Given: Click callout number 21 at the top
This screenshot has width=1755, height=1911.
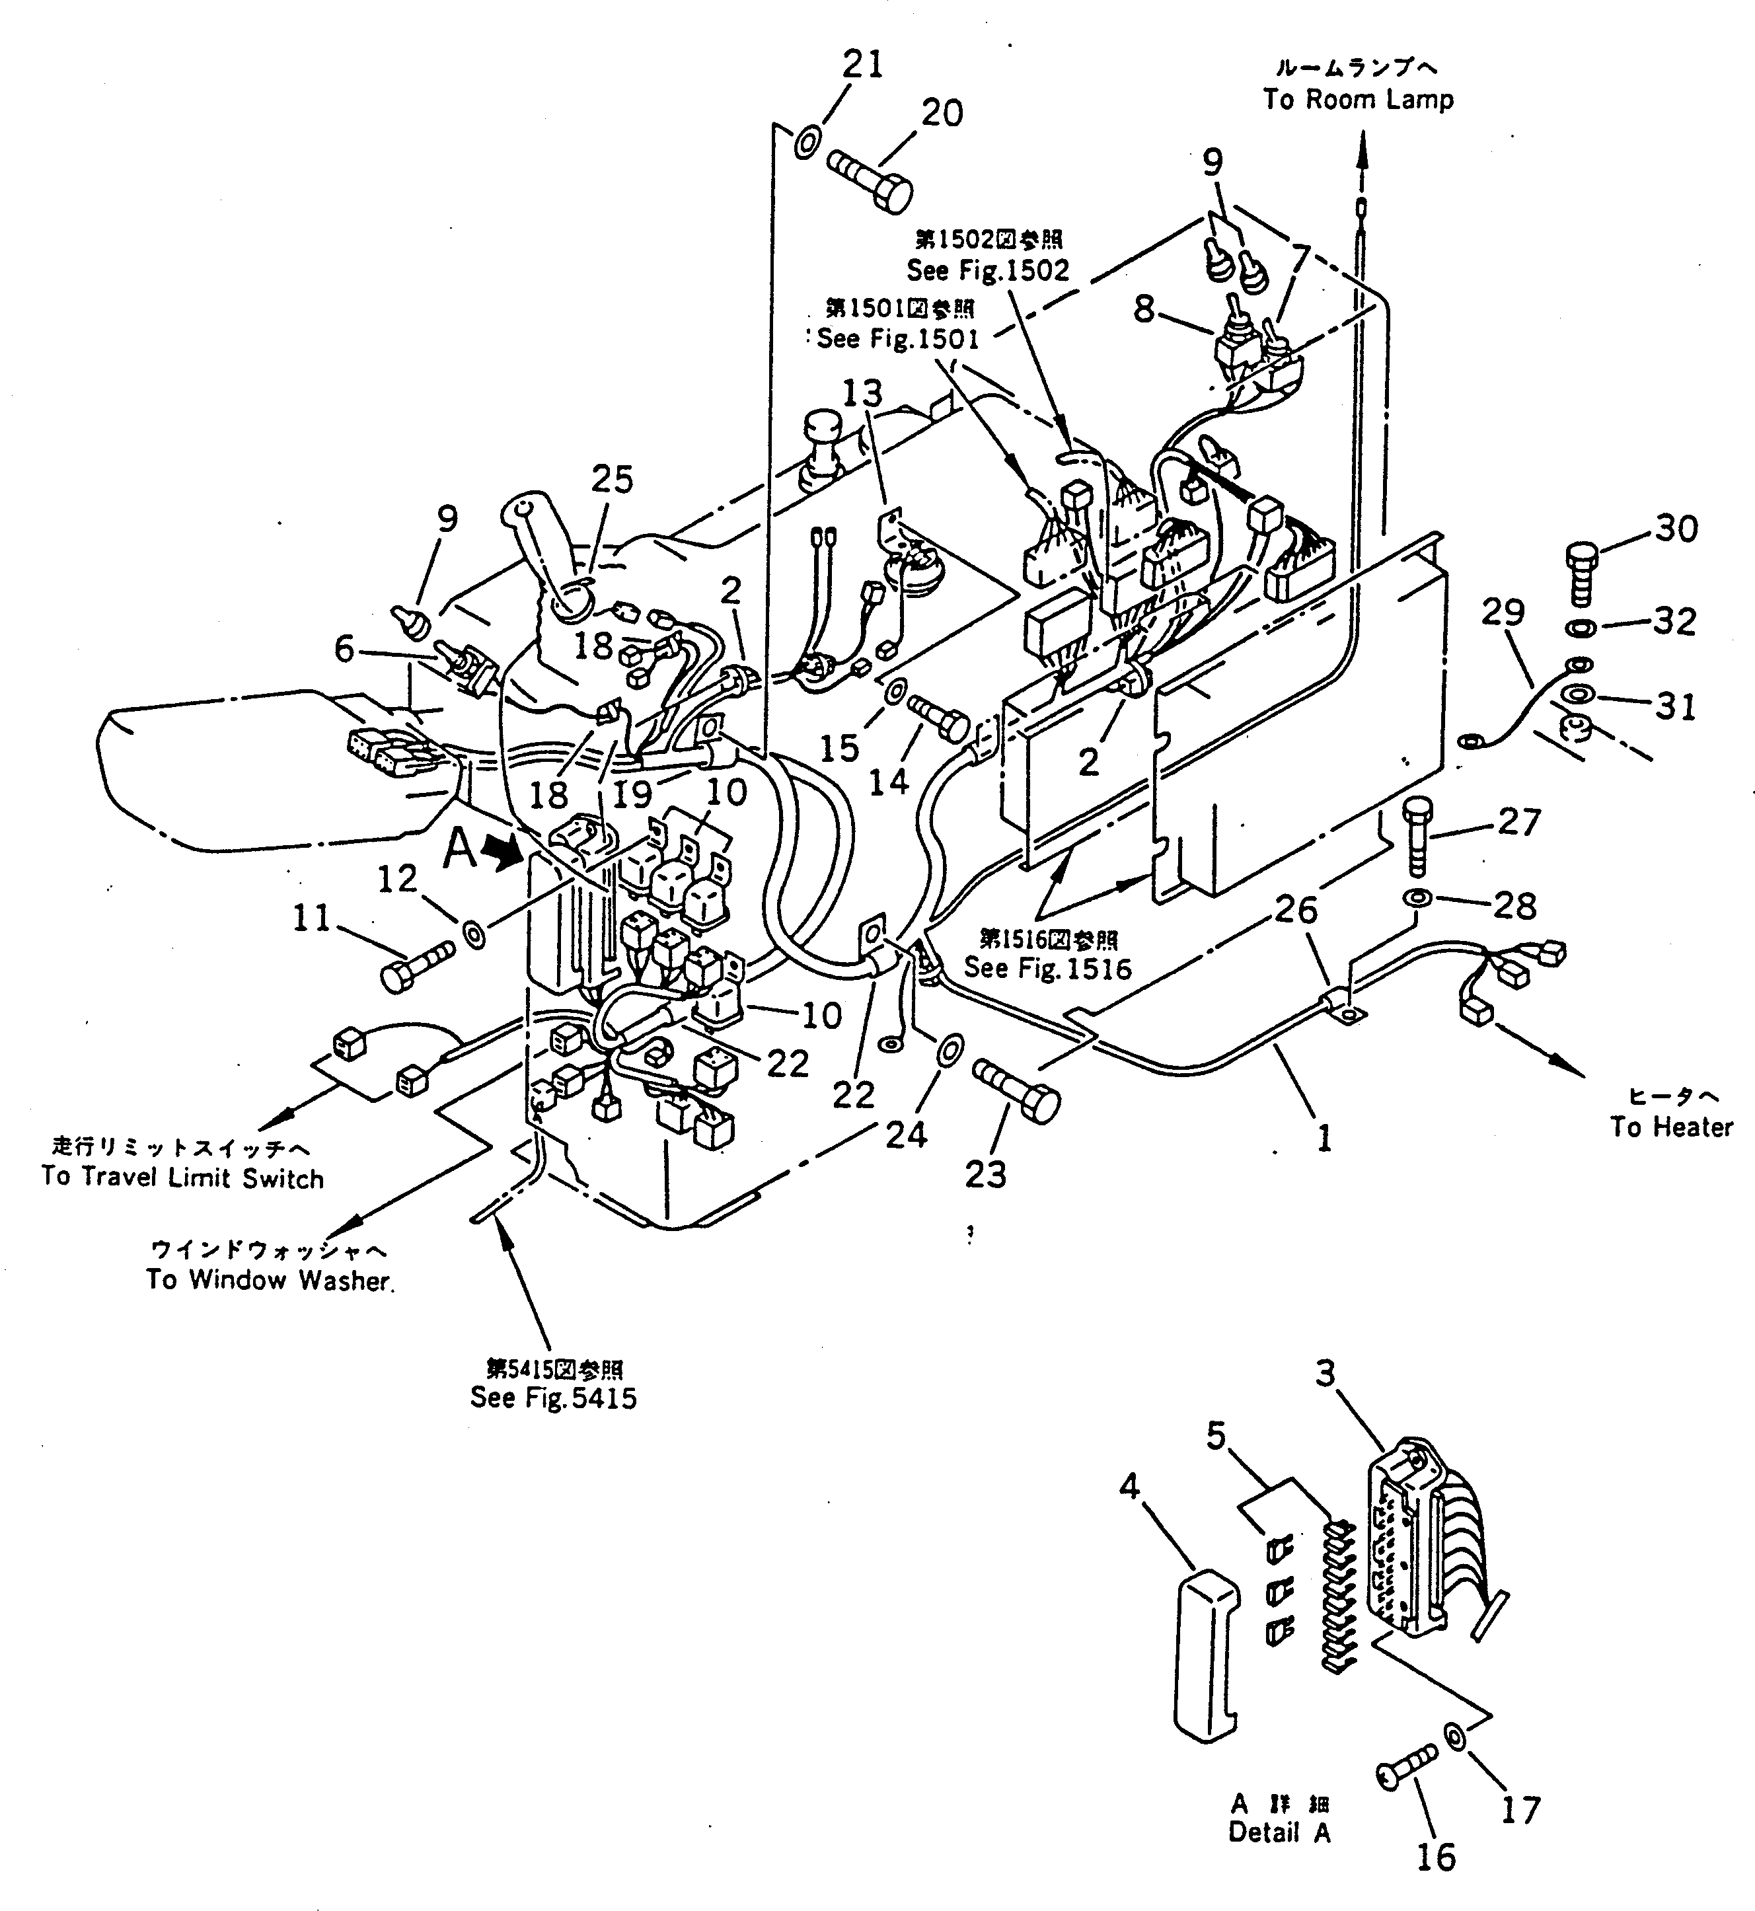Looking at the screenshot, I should point(862,65).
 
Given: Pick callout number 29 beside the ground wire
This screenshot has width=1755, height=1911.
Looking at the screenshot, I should point(1503,613).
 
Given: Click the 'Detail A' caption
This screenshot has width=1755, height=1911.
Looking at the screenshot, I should point(1279,1832).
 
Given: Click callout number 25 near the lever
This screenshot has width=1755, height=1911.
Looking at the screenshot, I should point(612,480).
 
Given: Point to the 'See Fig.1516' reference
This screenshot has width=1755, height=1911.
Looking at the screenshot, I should point(1047,968).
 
